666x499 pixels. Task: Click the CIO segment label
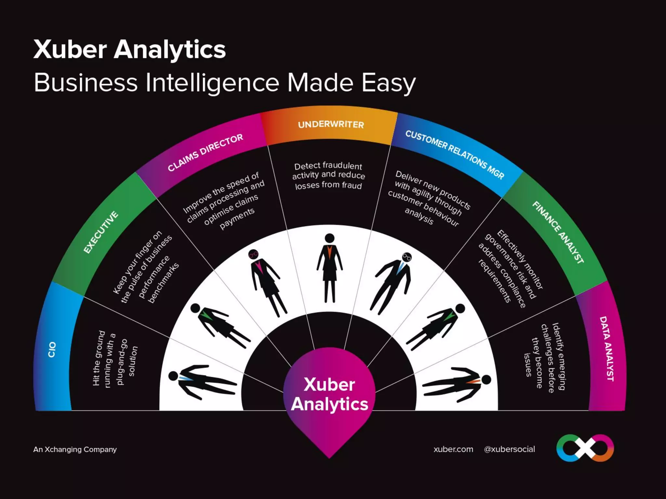[x=52, y=350]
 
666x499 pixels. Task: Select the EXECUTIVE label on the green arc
[x=101, y=232]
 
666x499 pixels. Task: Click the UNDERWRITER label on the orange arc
[x=331, y=125]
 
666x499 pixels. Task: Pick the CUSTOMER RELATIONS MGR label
[x=455, y=155]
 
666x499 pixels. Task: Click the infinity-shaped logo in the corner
[x=585, y=448]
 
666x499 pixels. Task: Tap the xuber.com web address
[x=453, y=449]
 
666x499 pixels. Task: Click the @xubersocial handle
[x=509, y=449]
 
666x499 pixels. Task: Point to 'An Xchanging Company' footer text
[x=75, y=449]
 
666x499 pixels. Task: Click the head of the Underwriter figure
[x=329, y=238]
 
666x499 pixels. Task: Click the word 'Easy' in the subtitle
[x=388, y=83]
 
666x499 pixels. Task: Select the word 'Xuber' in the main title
[x=70, y=50]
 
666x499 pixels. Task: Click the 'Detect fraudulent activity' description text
[x=328, y=175]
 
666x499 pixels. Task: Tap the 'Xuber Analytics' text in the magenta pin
[x=329, y=394]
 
